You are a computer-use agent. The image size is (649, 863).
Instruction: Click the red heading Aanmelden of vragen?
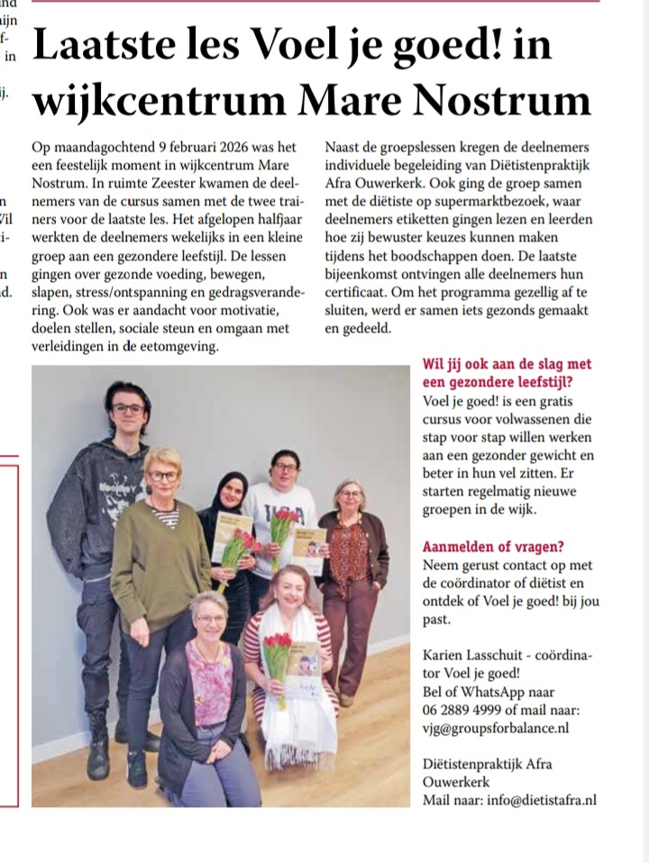(489, 547)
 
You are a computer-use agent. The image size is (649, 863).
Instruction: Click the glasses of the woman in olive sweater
(163, 476)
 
